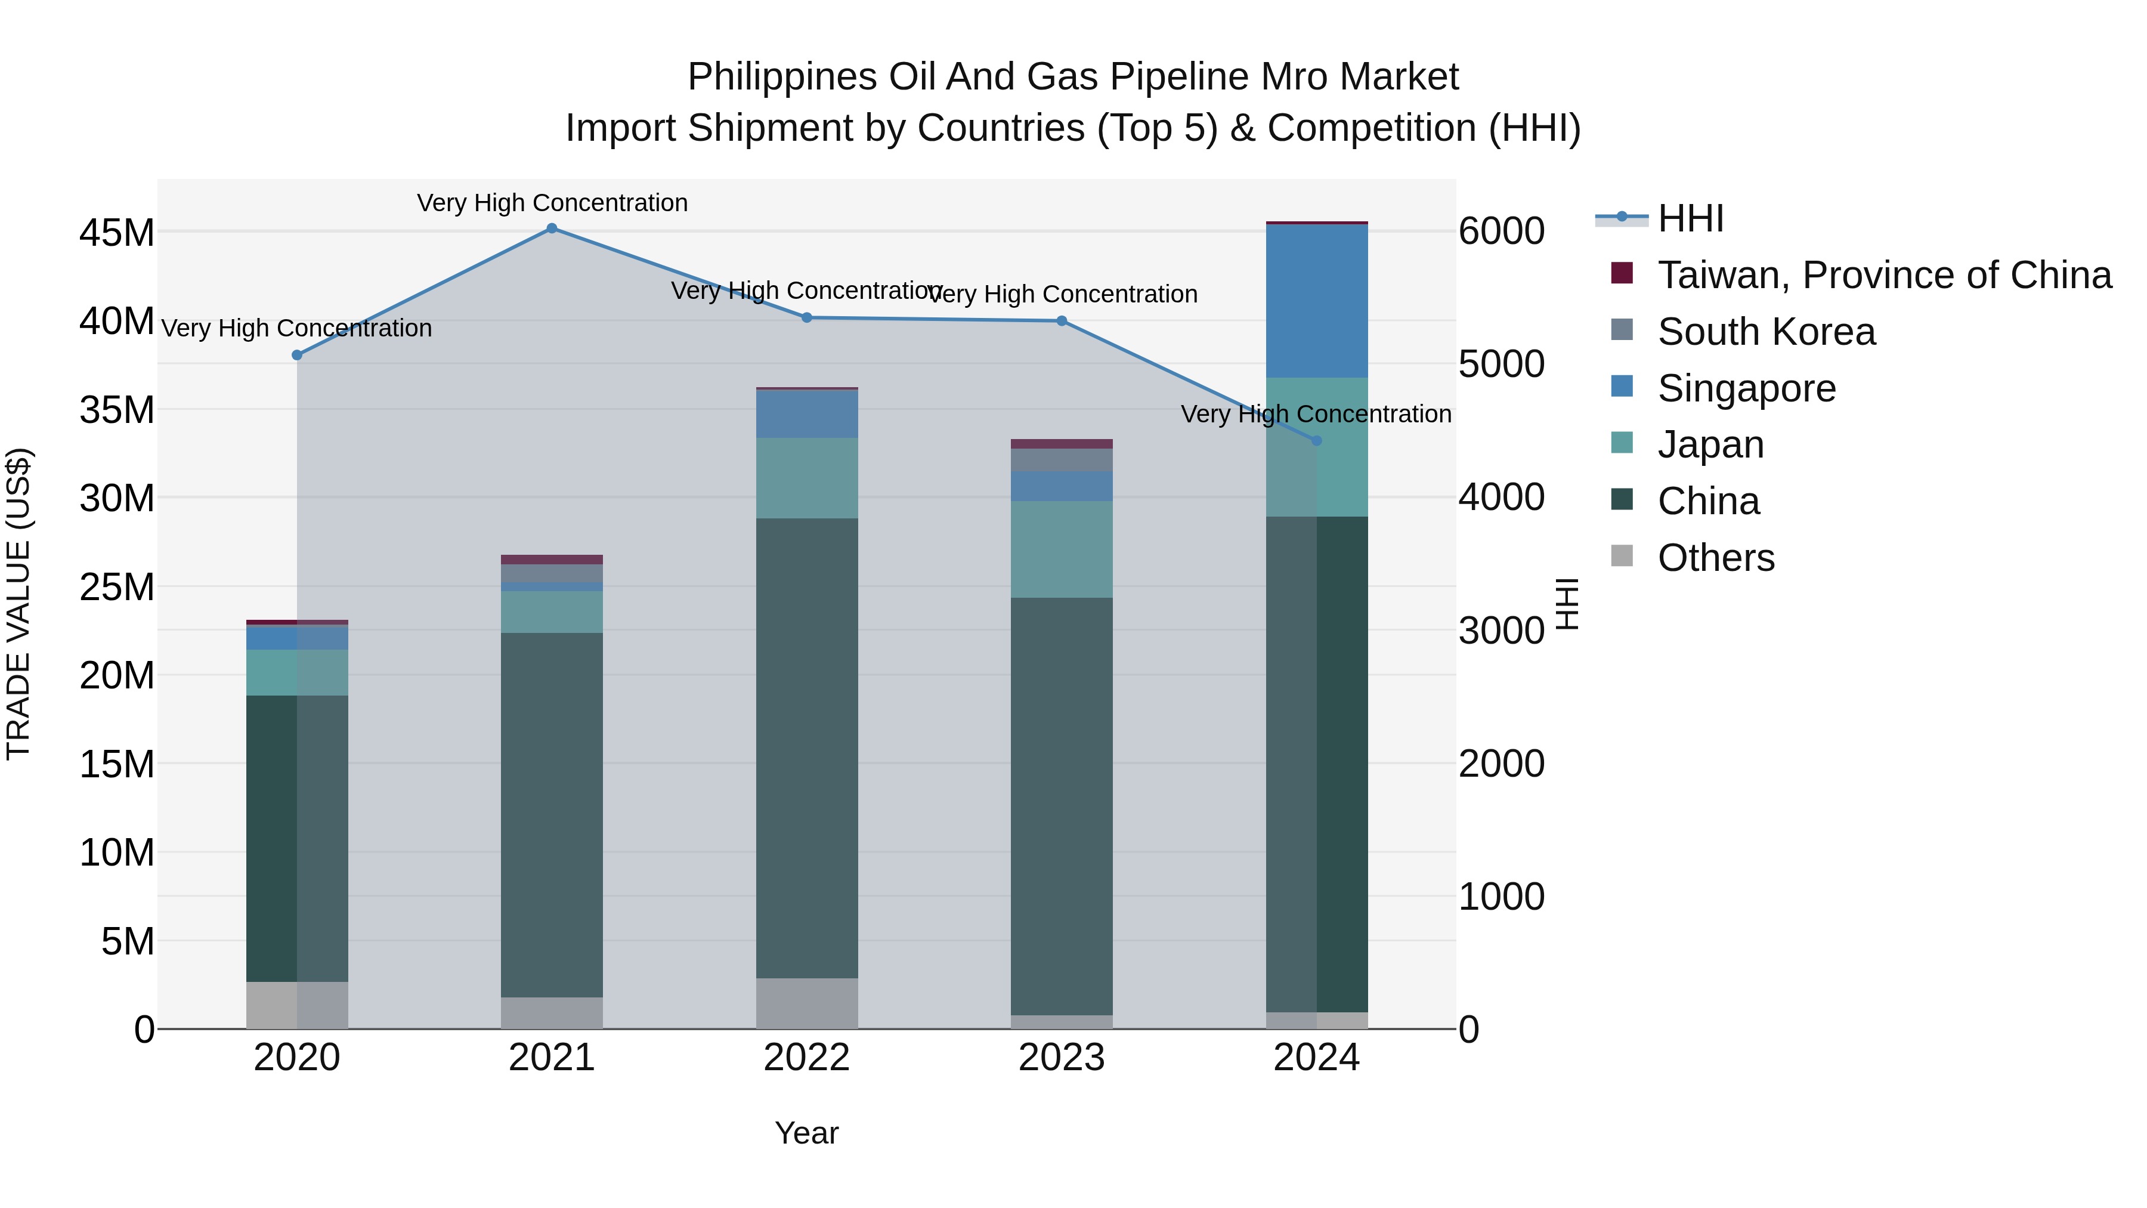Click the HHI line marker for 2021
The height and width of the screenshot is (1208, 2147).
[552, 228]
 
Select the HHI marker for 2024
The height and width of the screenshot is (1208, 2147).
[1317, 441]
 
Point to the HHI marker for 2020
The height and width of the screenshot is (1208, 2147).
[297, 355]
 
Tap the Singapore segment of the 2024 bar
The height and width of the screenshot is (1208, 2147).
[1317, 301]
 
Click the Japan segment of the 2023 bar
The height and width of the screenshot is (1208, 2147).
[1061, 549]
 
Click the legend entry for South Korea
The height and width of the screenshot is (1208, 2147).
[1766, 332]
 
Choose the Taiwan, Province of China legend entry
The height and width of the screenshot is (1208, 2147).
[1883, 275]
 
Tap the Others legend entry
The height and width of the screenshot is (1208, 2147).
[1715, 558]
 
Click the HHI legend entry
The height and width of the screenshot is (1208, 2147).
[1690, 218]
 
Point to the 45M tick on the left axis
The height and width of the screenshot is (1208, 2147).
[117, 233]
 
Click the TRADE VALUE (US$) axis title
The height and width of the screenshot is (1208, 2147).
[19, 604]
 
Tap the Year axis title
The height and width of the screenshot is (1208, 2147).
[807, 1133]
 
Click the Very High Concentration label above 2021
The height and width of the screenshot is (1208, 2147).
[552, 203]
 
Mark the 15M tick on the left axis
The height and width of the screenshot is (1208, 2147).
[117, 764]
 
